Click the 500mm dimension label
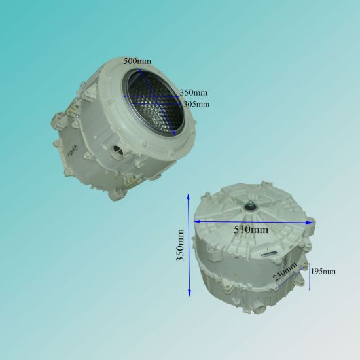point(137,61)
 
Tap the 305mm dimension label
point(196,104)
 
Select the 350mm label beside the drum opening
point(194,92)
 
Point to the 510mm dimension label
point(251,229)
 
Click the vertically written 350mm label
point(180,245)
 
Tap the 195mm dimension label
point(323,272)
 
